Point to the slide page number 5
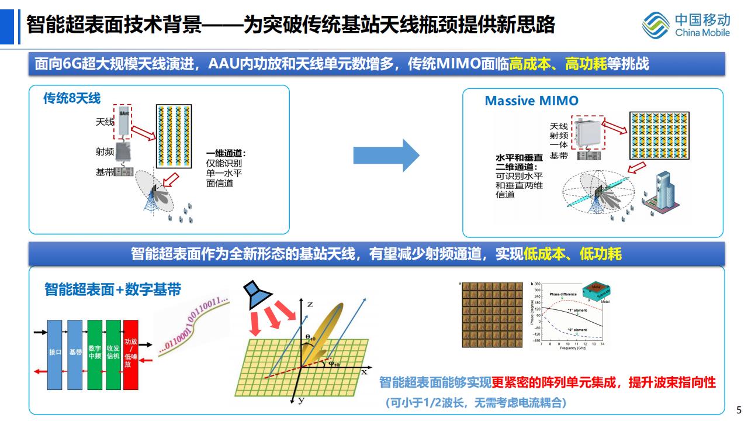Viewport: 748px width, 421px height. pos(738,409)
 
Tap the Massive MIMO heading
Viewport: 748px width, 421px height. pos(531,101)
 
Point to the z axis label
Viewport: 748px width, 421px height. pos(310,304)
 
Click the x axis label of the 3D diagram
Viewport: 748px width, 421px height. pos(363,371)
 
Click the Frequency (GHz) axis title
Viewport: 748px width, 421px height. pos(572,348)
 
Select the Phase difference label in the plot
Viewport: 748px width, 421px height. pos(563,294)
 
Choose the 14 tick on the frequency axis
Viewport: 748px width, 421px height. pos(602,344)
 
